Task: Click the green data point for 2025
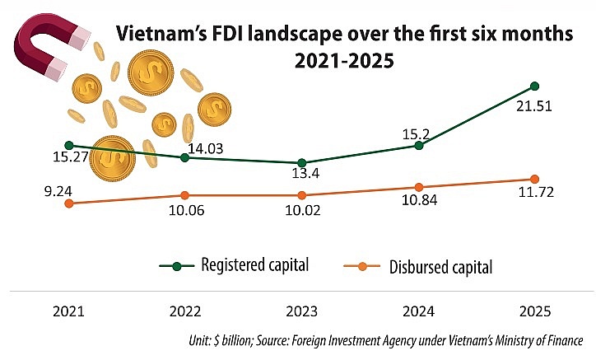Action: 535,86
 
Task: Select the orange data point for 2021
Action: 68,203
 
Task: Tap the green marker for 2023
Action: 302,162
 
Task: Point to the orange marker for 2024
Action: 419,187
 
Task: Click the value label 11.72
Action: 536,199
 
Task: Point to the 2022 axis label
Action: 185,314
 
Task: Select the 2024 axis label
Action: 418,314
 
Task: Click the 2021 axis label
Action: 68,314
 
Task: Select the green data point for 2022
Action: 185,157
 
